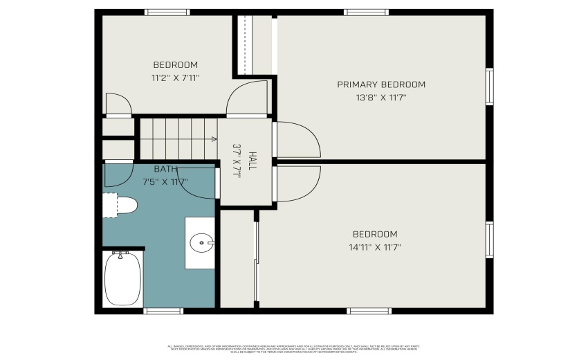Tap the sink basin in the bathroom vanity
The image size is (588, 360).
click(x=201, y=242)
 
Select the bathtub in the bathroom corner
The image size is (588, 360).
click(x=123, y=278)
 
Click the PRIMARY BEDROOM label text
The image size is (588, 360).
click(x=380, y=84)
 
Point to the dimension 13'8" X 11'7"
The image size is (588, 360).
click(x=380, y=98)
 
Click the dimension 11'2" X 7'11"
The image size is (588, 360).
click(x=175, y=78)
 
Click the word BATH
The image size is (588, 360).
click(x=165, y=169)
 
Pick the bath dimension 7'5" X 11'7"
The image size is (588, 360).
click(x=165, y=181)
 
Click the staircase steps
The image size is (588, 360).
click(x=176, y=138)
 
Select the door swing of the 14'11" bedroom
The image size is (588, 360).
click(x=297, y=183)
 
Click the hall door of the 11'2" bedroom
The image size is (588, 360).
click(x=247, y=99)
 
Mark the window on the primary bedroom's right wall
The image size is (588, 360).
click(x=489, y=87)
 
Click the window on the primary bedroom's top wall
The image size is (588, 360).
click(x=367, y=12)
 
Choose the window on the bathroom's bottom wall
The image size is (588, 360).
click(x=163, y=311)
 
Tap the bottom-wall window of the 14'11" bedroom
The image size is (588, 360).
click(x=369, y=311)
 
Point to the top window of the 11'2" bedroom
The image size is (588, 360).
click(x=167, y=12)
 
